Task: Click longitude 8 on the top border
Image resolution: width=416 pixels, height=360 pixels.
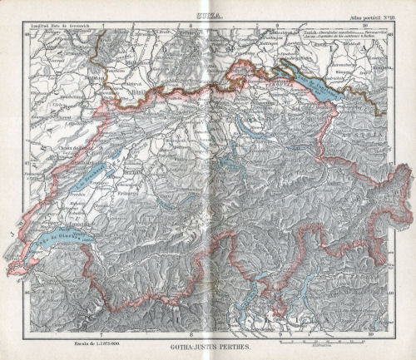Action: [191, 26]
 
